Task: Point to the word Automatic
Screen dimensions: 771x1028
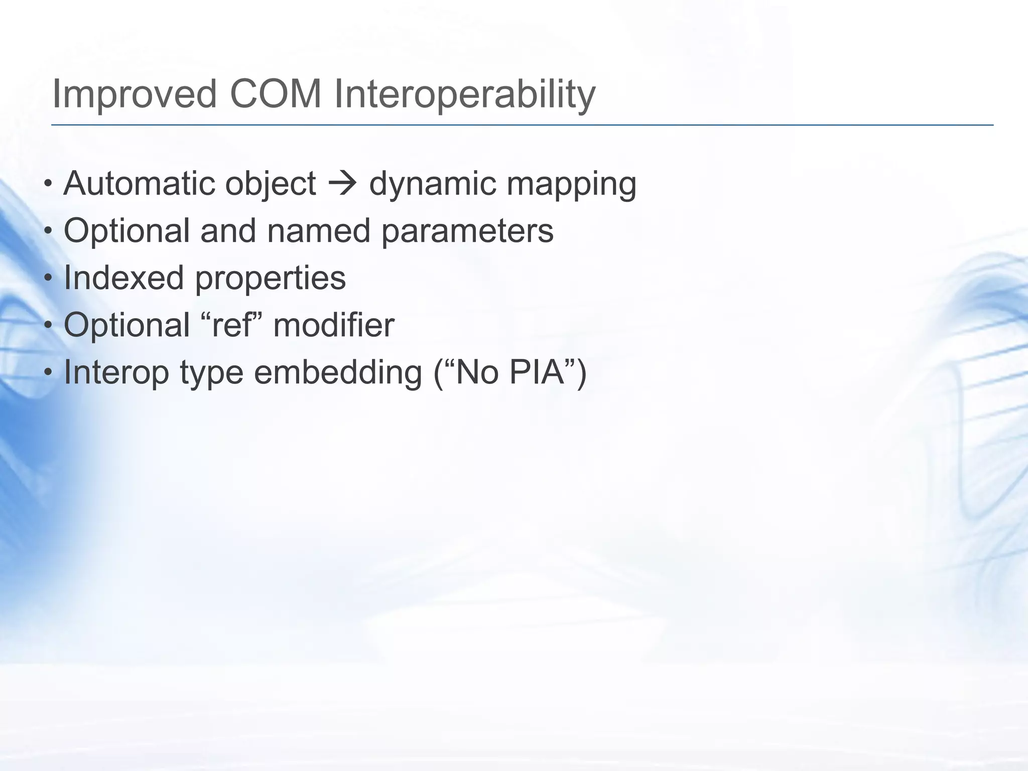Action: (x=139, y=184)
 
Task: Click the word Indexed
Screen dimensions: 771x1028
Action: (x=123, y=278)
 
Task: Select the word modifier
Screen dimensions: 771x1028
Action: (x=334, y=325)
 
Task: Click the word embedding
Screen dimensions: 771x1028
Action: (x=338, y=373)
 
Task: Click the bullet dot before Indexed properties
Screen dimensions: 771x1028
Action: (x=48, y=279)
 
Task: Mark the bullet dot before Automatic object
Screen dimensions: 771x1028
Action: (x=48, y=184)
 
